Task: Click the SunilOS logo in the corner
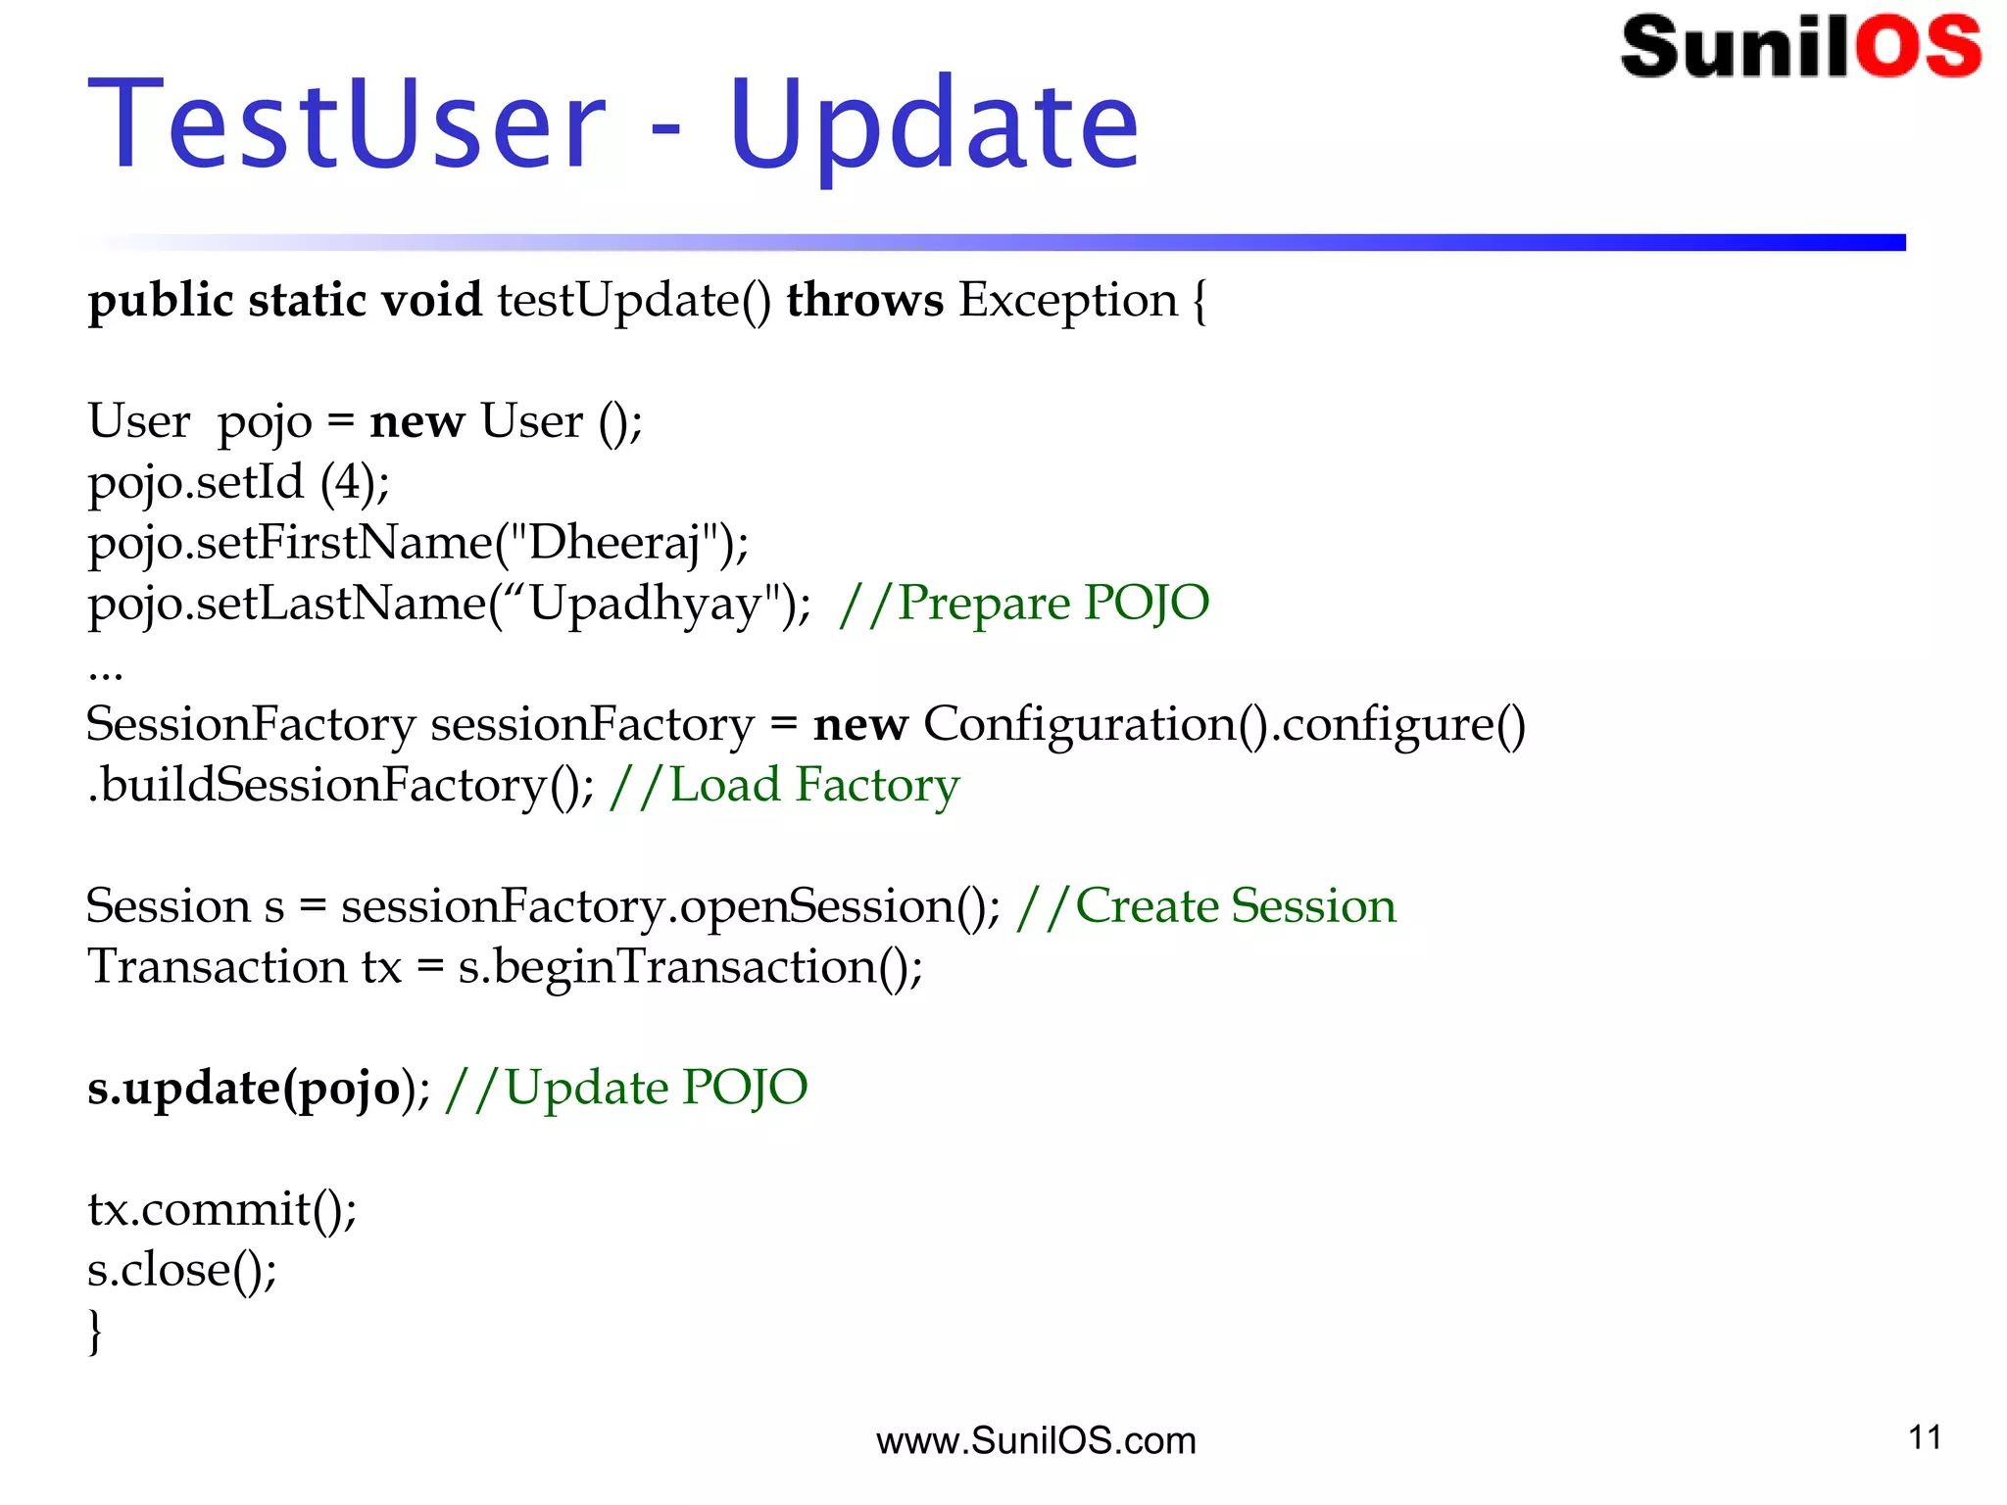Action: coord(1800,47)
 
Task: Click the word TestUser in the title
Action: coord(348,125)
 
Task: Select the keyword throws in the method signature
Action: coord(864,300)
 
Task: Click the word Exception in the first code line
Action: coord(1067,300)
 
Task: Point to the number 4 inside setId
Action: coord(348,482)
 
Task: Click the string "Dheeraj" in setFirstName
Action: coord(615,543)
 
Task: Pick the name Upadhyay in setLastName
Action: coord(646,604)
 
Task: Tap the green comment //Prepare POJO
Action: coord(1024,604)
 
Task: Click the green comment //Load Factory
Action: coord(784,785)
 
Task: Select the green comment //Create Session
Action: coord(1206,906)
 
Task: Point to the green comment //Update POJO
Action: coord(626,1089)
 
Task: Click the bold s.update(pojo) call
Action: coord(245,1089)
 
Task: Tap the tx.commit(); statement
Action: coord(222,1209)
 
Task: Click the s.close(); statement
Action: coord(182,1270)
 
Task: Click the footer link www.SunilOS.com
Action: coord(1036,1440)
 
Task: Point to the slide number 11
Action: coord(1925,1437)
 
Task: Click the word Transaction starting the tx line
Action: coord(217,967)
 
